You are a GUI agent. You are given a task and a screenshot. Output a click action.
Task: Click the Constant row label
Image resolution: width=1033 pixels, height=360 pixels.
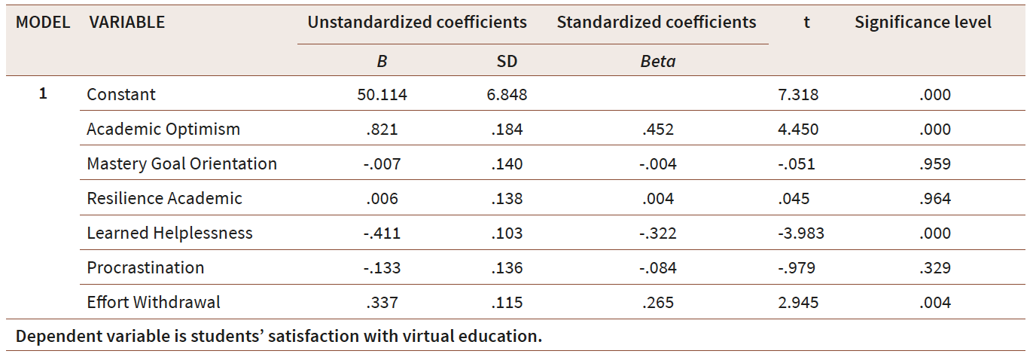pyautogui.click(x=121, y=95)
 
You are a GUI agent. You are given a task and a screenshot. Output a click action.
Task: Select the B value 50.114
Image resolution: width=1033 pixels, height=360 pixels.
pyautogui.click(x=382, y=95)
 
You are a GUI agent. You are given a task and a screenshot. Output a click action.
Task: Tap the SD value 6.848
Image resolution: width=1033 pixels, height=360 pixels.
pyautogui.click(x=507, y=95)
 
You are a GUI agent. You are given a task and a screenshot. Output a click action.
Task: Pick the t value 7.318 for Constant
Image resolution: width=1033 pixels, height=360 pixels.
pyautogui.click(x=797, y=95)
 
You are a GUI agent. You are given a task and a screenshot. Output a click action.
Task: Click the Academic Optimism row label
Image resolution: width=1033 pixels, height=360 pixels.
pyautogui.click(x=163, y=130)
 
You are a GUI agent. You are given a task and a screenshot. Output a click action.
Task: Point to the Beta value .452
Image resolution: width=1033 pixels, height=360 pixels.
pyautogui.click(x=657, y=130)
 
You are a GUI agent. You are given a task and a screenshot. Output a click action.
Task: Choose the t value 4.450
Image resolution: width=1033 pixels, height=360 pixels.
pyautogui.click(x=797, y=130)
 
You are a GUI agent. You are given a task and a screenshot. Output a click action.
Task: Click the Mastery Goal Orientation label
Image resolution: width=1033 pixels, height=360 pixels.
pyautogui.click(x=181, y=164)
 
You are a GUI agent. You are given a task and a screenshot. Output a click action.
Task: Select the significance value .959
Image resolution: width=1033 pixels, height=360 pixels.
pyautogui.click(x=934, y=164)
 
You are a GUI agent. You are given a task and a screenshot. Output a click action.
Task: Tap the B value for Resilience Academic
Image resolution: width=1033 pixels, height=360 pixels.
pyautogui.click(x=382, y=199)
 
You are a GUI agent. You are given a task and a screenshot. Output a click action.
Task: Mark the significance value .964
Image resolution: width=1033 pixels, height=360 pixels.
pyautogui.click(x=934, y=199)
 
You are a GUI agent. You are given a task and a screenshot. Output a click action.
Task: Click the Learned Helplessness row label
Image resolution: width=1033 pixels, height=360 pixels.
pyautogui.click(x=169, y=233)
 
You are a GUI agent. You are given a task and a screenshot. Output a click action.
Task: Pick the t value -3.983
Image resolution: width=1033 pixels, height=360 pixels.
pyautogui.click(x=801, y=233)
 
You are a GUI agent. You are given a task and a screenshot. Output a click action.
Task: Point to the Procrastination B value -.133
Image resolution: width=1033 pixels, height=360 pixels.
pyautogui.click(x=382, y=268)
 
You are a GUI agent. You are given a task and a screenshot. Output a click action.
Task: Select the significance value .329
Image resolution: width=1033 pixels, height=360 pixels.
pyautogui.click(x=934, y=268)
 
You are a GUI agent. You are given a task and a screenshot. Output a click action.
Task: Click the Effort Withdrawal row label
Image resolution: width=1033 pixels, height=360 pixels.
pyautogui.click(x=154, y=303)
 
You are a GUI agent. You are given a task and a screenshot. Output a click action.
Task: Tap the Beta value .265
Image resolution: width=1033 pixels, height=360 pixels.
pyautogui.click(x=657, y=303)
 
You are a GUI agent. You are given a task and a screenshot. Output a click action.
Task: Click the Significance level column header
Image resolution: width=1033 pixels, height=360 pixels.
pyautogui.click(x=923, y=23)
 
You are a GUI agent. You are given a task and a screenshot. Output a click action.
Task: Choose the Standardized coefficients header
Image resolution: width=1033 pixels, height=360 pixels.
pyautogui.click(x=657, y=23)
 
